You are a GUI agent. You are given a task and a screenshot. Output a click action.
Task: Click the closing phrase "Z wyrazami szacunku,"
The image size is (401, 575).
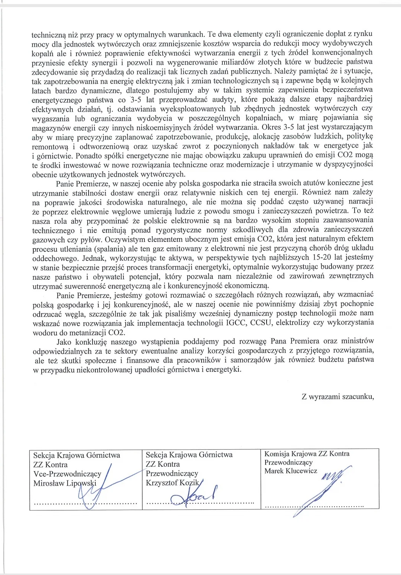pyautogui.click(x=338, y=397)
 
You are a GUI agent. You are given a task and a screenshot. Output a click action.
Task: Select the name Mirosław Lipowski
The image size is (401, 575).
pyautogui.click(x=65, y=483)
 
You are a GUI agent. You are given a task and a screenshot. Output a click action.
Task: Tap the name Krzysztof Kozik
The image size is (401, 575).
pyautogui.click(x=172, y=483)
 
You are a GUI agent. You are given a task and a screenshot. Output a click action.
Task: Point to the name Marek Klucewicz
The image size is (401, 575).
pyautogui.click(x=291, y=471)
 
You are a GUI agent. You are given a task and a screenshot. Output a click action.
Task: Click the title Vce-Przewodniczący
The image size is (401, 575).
pyautogui.click(x=67, y=474)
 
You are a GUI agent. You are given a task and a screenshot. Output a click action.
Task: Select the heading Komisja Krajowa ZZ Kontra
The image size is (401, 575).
pyautogui.click(x=307, y=454)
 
